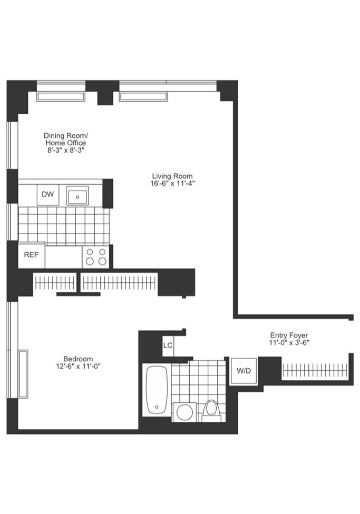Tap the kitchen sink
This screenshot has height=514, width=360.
[x=77, y=196]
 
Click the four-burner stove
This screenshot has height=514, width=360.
[x=95, y=256]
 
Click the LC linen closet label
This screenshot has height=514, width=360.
[x=168, y=345]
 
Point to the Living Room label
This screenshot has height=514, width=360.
[x=172, y=176]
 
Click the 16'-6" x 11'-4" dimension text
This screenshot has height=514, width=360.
[x=172, y=184]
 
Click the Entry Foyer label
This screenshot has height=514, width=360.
[x=289, y=335]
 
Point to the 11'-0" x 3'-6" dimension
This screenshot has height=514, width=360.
[x=289, y=343]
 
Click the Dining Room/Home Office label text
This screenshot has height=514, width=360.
[x=65, y=139]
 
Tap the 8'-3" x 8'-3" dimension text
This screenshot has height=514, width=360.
[x=65, y=150]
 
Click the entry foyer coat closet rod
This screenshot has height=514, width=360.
[x=315, y=370]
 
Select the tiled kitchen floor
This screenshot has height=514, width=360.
[x=63, y=225]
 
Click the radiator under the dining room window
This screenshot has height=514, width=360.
[x=61, y=97]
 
